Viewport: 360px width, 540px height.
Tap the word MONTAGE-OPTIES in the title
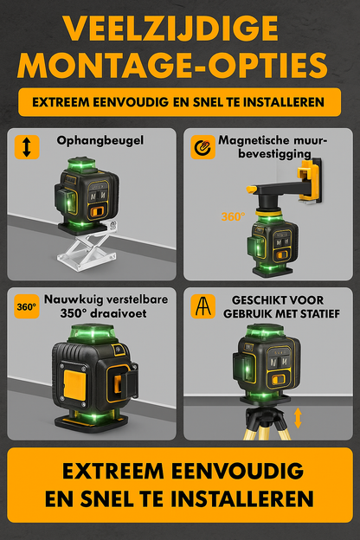coord(179,65)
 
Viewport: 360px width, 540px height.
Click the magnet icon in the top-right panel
coord(202,146)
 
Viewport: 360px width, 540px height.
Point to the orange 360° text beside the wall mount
coord(233,217)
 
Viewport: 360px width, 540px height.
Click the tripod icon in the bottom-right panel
coord(202,307)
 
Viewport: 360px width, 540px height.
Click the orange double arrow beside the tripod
coord(298,418)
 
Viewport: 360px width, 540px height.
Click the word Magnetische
coord(255,139)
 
